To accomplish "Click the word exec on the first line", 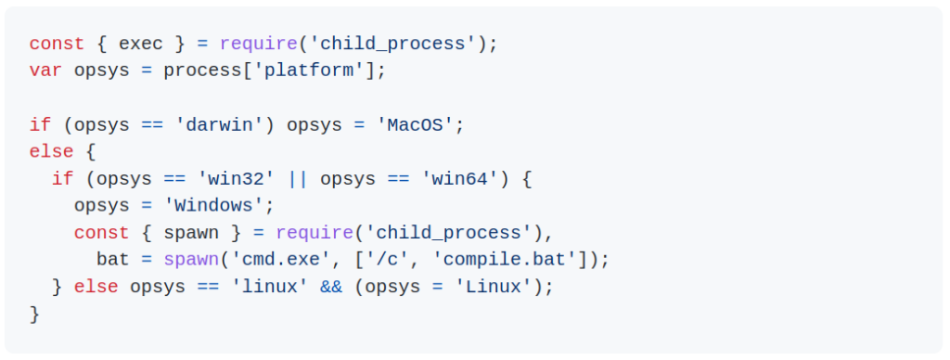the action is click(x=141, y=44).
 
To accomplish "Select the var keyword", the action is click(x=45, y=71).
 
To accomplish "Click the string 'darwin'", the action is click(x=219, y=125).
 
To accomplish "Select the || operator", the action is click(x=298, y=179).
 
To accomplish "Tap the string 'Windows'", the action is click(x=214, y=206).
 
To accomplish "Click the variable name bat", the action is click(x=113, y=260).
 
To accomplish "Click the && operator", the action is click(x=331, y=287).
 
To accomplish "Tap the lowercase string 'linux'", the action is click(x=264, y=287).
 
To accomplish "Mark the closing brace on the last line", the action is click(x=34, y=314).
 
